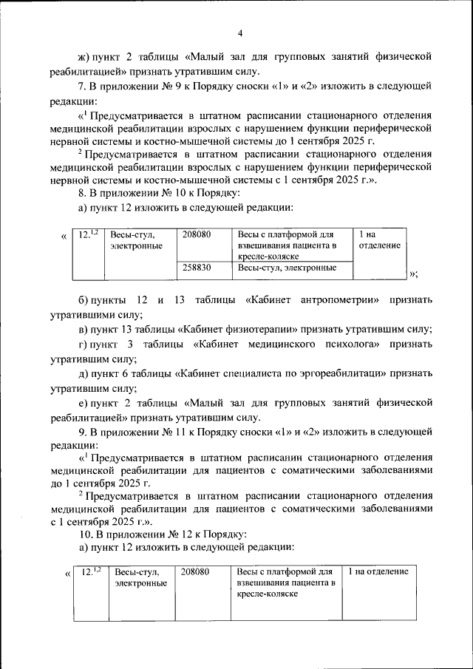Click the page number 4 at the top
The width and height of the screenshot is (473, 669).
(241, 33)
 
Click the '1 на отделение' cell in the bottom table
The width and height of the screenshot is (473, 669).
(377, 572)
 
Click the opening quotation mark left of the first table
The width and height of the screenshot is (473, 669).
(64, 236)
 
